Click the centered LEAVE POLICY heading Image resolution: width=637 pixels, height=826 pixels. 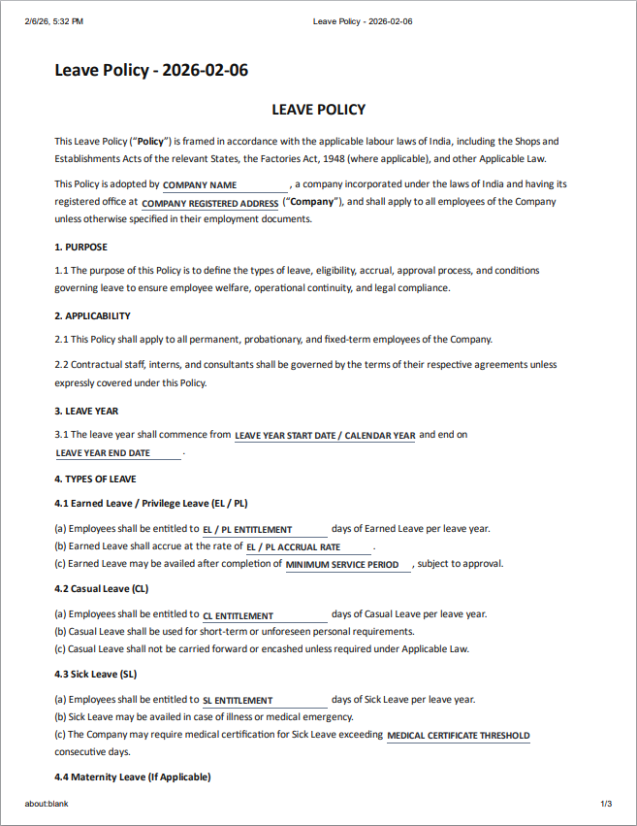point(318,110)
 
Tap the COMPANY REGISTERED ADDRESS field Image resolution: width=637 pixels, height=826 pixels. point(210,204)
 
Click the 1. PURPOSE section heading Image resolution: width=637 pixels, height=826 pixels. point(80,247)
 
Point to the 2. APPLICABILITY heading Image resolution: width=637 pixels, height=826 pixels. point(92,316)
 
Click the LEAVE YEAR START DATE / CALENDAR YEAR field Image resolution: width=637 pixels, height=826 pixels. point(325,436)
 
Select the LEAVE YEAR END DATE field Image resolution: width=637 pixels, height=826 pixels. point(118,453)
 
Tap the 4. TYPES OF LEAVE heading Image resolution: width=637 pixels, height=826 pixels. point(95,479)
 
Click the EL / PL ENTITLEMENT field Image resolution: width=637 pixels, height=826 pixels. point(264,530)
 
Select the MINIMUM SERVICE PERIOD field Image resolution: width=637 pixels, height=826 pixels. point(348,565)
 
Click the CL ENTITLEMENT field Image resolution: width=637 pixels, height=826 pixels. point(264,615)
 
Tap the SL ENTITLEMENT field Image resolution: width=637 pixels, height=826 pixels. point(264,700)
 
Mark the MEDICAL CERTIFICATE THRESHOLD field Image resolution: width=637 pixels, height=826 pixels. point(458,736)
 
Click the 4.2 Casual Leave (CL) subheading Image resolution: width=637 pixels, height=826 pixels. point(101,589)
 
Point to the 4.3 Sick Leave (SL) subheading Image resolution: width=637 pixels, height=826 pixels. point(96,674)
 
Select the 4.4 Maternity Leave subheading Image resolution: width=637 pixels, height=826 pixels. point(132,777)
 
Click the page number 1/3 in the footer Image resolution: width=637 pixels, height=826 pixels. point(606,804)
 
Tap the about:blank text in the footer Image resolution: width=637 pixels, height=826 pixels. point(47,804)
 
